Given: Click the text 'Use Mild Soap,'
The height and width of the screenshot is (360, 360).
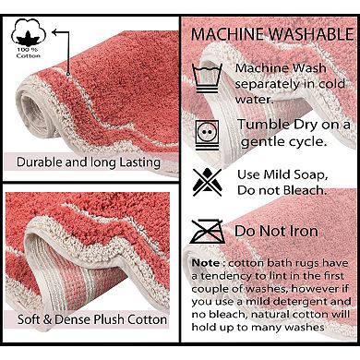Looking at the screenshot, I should [281, 173].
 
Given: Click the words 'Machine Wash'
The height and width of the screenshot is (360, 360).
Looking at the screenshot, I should [280, 68].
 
